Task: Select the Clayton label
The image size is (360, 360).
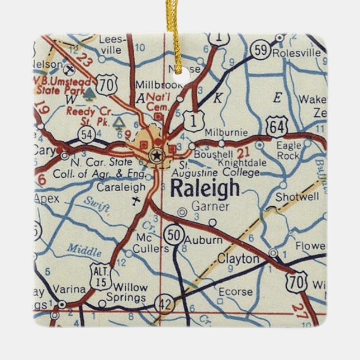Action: (238, 259)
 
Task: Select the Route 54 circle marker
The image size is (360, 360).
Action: (86, 133)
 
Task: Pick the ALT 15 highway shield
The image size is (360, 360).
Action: (101, 277)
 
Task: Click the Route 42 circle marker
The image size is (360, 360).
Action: (164, 302)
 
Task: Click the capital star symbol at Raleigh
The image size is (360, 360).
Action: (157, 154)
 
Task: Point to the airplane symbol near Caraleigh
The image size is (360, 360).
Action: (135, 200)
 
